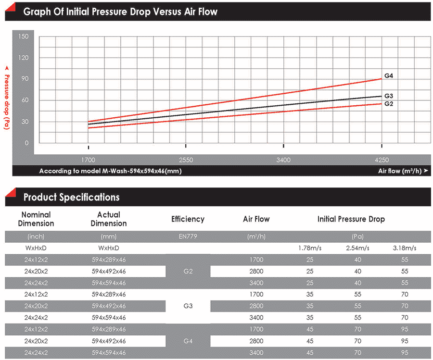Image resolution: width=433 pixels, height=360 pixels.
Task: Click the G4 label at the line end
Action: (x=389, y=76)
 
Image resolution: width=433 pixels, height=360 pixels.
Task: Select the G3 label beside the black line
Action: (x=389, y=96)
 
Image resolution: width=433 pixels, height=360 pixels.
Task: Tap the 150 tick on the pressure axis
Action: (x=24, y=37)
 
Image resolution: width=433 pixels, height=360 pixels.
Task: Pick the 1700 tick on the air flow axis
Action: (x=89, y=159)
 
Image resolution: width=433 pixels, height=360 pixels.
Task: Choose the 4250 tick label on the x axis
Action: (x=381, y=159)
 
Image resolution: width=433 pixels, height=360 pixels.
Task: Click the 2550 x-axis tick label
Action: (x=186, y=159)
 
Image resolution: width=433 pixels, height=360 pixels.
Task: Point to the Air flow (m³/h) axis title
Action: (x=400, y=171)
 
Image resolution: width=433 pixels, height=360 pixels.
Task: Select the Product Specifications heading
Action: (x=71, y=197)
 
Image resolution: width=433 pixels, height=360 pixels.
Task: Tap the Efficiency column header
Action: (x=188, y=219)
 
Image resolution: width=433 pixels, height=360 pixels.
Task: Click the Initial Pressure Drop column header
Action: (x=351, y=219)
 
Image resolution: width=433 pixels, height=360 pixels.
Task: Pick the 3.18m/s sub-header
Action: (x=404, y=248)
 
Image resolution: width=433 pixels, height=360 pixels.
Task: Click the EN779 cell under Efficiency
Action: (x=188, y=236)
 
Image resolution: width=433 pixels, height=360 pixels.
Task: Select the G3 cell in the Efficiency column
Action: (x=188, y=305)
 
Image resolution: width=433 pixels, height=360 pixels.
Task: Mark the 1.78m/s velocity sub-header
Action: (x=310, y=248)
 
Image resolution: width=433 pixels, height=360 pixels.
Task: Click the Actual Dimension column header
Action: (x=108, y=219)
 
